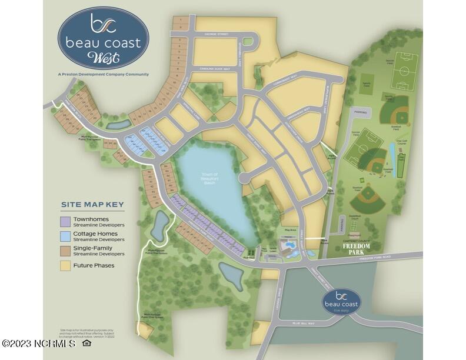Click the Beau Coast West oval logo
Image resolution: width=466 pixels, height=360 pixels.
click(x=103, y=38)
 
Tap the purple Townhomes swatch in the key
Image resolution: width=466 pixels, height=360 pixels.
click(x=66, y=221)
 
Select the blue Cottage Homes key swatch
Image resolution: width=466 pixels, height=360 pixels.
click(x=66, y=236)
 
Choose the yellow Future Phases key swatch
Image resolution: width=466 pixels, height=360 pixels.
click(x=66, y=265)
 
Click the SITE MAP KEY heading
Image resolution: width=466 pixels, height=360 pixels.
click(x=92, y=205)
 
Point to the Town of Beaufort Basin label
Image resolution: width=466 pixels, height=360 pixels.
click(x=208, y=178)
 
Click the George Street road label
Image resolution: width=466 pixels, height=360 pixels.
click(x=216, y=35)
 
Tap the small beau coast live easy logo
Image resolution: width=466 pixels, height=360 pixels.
click(x=341, y=301)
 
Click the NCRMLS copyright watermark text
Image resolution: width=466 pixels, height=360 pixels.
click(x=39, y=343)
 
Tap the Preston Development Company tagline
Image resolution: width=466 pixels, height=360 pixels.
click(x=103, y=74)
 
